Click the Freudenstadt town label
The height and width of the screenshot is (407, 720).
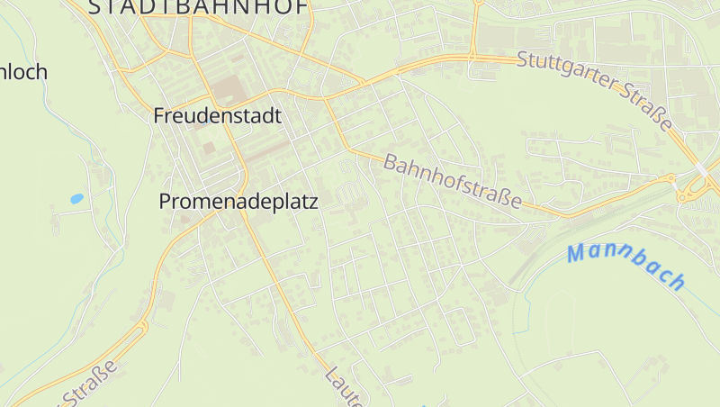click(x=217, y=116)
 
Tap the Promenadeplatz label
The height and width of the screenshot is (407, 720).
click(x=238, y=202)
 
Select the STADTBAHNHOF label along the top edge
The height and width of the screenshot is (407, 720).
click(x=199, y=7)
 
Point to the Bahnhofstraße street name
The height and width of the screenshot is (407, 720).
click(x=453, y=181)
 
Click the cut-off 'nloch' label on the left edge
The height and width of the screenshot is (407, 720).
click(x=23, y=72)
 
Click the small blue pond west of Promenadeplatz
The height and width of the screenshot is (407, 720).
click(x=76, y=198)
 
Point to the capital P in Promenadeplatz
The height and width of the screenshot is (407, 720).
click(x=166, y=202)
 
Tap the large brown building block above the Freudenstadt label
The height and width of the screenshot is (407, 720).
click(x=226, y=89)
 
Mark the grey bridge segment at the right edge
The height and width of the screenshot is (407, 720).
click(x=701, y=169)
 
